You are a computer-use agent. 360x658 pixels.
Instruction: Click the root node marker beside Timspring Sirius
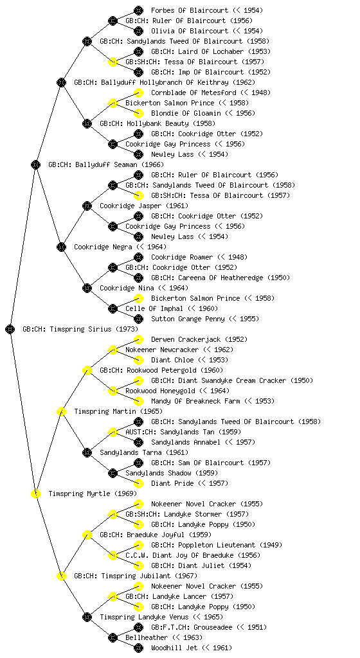[x=10, y=329]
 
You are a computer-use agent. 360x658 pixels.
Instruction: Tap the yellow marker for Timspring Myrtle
[x=35, y=493]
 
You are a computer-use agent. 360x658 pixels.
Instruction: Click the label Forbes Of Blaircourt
[x=190, y=10]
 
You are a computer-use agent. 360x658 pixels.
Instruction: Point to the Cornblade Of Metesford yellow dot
[x=138, y=93]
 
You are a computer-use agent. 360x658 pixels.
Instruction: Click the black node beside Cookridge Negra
[x=61, y=247]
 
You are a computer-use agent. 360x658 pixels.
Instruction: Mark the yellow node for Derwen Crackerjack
[x=138, y=339]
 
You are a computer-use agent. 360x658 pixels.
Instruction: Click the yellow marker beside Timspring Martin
[x=61, y=411]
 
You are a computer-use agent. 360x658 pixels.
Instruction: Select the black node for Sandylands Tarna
[x=87, y=452]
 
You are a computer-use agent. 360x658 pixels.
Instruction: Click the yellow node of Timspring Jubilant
[x=61, y=576]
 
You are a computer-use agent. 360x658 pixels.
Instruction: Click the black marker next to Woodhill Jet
[x=138, y=648]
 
